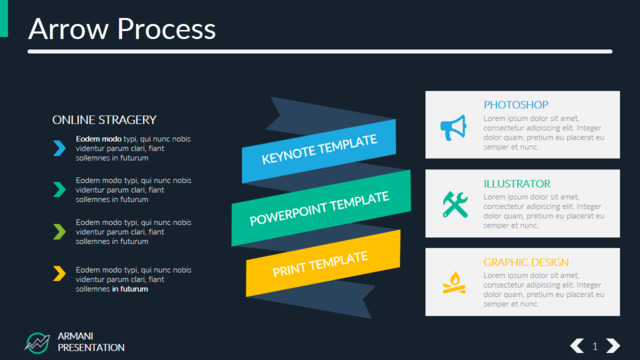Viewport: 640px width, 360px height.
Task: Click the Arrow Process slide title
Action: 122,29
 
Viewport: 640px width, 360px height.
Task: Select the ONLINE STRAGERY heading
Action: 104,120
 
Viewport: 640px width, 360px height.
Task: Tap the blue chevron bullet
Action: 59,148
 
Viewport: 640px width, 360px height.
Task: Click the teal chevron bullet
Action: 59,190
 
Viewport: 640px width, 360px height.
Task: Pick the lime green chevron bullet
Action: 59,232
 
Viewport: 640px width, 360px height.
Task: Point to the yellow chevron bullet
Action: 59,273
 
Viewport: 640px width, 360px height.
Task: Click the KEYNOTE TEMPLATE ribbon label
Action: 319,149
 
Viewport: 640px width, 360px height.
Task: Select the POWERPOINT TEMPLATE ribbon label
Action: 319,208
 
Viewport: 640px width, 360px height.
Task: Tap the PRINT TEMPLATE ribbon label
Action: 320,264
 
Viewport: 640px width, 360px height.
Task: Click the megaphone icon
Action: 453,128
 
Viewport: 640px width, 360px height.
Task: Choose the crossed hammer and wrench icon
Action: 455,204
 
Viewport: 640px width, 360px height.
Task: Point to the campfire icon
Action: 454,283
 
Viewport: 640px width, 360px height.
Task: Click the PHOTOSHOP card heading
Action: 516,105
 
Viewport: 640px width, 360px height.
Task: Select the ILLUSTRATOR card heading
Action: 517,184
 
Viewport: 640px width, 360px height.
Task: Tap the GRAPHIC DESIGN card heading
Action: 526,262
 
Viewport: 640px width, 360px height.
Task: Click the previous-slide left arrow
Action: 577,346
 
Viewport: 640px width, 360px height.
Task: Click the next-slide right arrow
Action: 613,346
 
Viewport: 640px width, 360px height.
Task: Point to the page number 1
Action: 595,347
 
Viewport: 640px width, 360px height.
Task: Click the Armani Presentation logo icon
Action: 37,343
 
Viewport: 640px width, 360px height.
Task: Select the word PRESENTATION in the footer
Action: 91,348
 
